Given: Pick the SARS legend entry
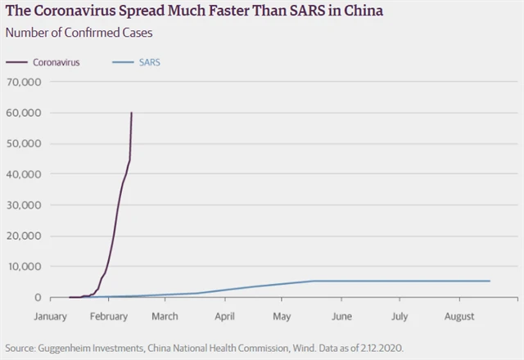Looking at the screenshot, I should (149, 62).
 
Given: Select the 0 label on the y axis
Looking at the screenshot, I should (37, 298).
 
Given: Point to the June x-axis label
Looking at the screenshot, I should (341, 316).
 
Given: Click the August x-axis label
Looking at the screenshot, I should (459, 316).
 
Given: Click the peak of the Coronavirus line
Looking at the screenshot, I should (132, 113).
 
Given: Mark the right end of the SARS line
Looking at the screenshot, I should (490, 281).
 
